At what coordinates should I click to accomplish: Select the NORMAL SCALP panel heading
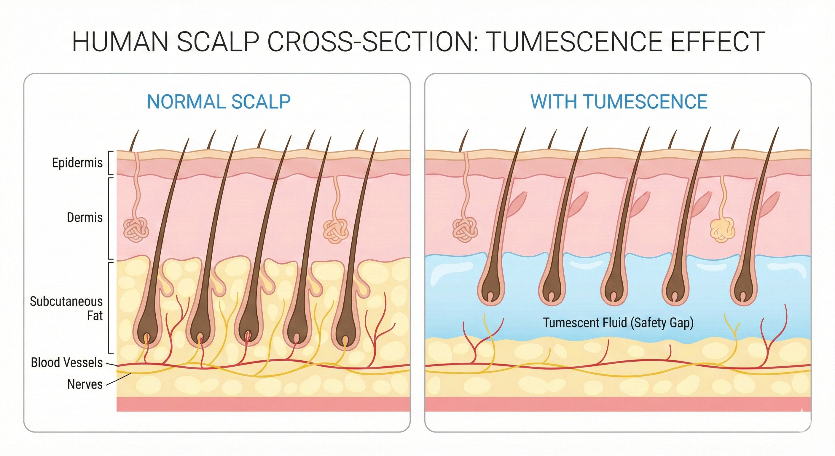pos(219,102)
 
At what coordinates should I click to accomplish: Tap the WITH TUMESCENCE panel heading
pos(619,102)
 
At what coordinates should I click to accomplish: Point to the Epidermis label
pos(77,163)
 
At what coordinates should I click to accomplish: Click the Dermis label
pos(85,217)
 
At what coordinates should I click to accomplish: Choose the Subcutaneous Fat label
pos(66,308)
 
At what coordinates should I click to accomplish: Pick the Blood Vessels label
pos(67,362)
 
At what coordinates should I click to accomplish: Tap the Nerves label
pos(85,384)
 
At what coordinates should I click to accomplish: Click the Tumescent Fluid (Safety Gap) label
pos(618,323)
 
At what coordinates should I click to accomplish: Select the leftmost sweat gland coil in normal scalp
pos(136,230)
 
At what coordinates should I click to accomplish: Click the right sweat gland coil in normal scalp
pos(336,231)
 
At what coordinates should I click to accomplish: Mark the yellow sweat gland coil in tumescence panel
pos(723,230)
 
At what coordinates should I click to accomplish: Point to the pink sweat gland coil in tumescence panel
pos(465,230)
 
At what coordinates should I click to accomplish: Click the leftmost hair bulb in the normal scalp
pos(147,331)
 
